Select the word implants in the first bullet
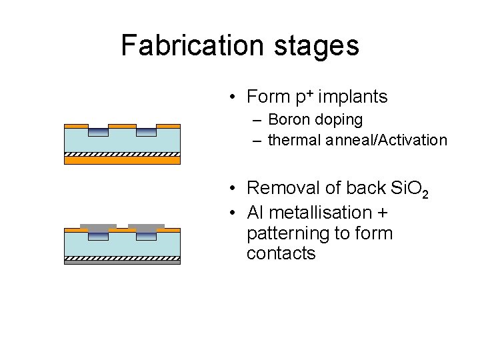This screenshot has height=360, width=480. (353, 97)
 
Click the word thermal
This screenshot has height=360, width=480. (292, 140)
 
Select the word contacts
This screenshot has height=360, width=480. (281, 254)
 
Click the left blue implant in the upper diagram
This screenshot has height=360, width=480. (98, 132)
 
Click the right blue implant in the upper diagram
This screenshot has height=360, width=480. (146, 132)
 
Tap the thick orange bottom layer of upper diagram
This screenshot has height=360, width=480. (122, 160)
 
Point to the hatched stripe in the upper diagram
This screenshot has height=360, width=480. (122, 153)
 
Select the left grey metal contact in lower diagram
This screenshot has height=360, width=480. (98, 228)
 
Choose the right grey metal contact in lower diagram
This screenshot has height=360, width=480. (146, 228)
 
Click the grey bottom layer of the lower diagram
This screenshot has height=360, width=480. (122, 262)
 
